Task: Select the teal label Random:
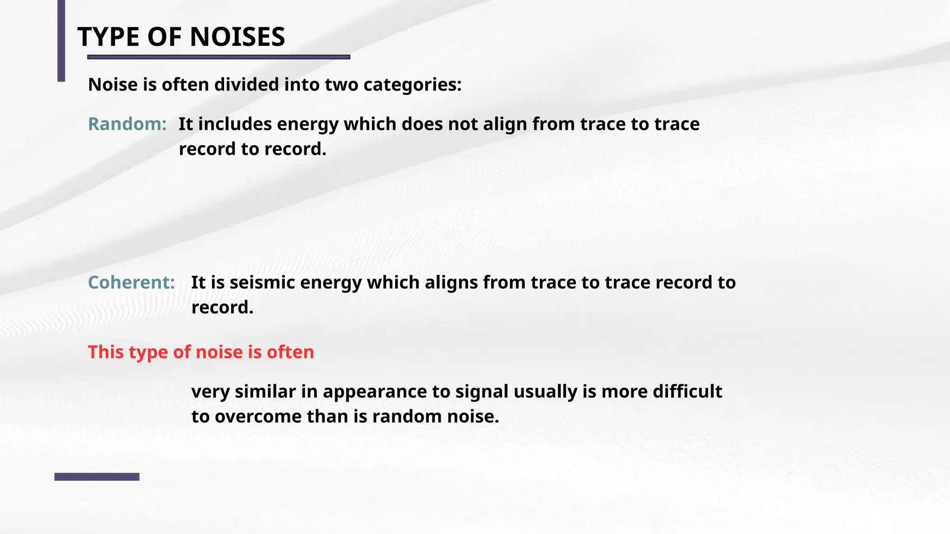127,124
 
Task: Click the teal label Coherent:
131,283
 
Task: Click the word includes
235,124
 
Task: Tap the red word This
106,352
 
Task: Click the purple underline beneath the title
218,57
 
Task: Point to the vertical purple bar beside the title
61,41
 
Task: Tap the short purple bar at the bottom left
96,477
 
